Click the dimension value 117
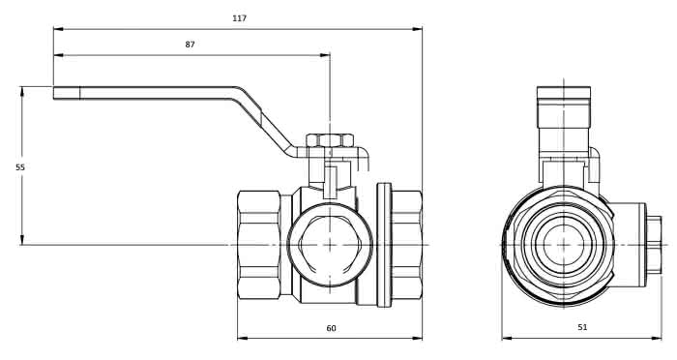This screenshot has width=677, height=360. (239, 18)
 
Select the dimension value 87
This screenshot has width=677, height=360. (190, 45)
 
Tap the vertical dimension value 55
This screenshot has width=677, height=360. (20, 167)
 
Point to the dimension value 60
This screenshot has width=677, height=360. (331, 328)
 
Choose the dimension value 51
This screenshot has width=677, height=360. (582, 327)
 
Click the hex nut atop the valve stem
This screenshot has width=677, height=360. (330, 140)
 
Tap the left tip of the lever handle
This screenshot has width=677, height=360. (53, 93)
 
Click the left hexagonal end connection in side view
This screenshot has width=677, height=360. (258, 245)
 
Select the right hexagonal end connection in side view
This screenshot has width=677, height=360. (407, 245)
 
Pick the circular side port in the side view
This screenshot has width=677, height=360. (330, 245)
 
